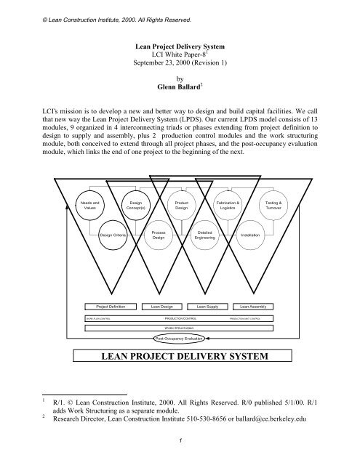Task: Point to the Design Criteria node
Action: point(113,235)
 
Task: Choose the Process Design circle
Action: point(159,235)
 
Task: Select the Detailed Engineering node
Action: point(204,235)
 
